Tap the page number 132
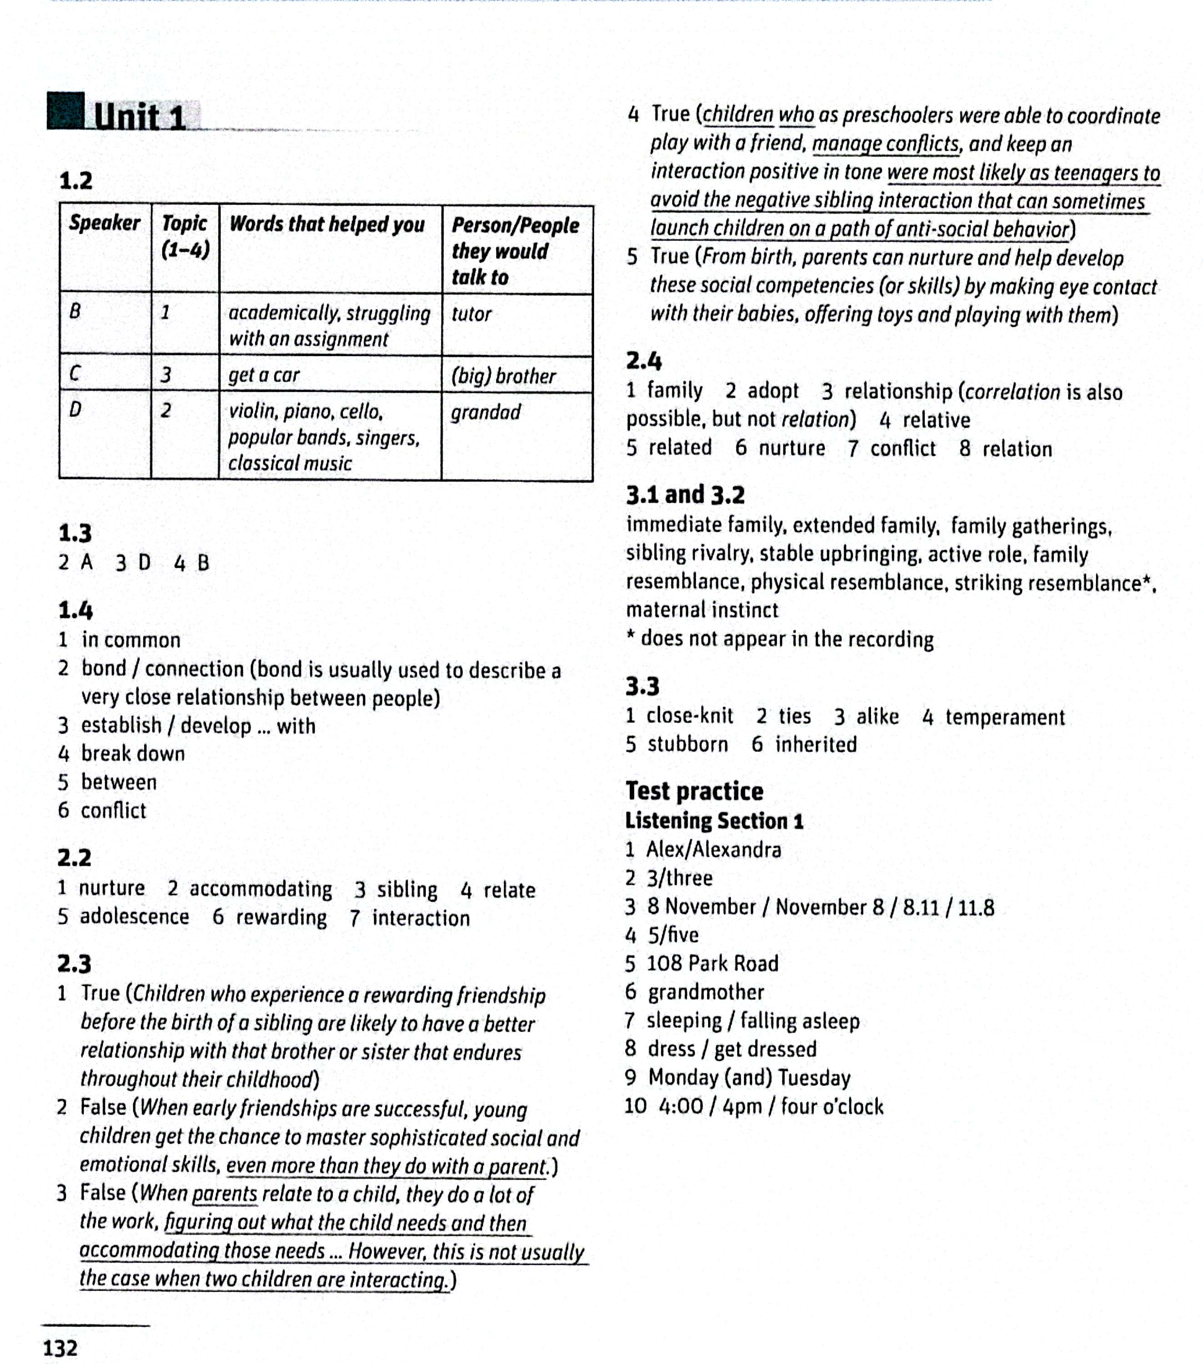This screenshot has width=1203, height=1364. click(60, 1347)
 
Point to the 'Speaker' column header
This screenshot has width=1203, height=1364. click(105, 223)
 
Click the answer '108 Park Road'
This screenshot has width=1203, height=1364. click(712, 963)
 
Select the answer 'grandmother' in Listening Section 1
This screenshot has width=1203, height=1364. click(705, 992)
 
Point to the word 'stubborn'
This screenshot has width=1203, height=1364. click(688, 744)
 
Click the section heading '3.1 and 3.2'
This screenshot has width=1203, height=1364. click(685, 495)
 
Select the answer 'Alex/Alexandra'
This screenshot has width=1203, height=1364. click(713, 849)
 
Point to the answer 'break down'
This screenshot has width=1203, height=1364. click(133, 753)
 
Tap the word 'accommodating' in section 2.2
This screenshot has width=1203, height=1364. click(260, 889)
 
